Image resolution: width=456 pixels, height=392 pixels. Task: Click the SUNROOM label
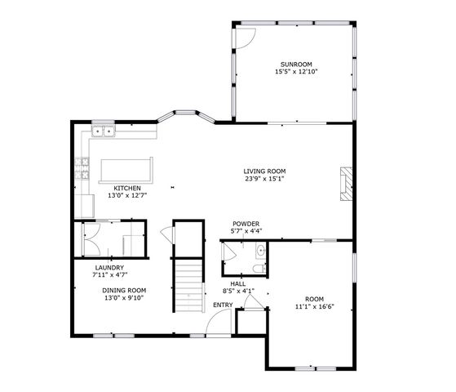pyautogui.click(x=296, y=64)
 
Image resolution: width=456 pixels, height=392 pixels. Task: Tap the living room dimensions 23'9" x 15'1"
pyautogui.click(x=264, y=180)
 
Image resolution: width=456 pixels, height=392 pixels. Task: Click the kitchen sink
pyautogui.click(x=103, y=131)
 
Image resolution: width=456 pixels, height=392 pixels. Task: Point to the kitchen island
pyautogui.click(x=126, y=168)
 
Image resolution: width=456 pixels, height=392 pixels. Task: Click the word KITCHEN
pyautogui.click(x=126, y=188)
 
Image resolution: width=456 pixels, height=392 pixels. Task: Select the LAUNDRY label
pyautogui.click(x=109, y=268)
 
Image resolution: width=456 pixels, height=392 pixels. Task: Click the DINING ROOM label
pyautogui.click(x=124, y=290)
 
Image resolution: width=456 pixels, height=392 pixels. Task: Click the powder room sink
pyautogui.click(x=260, y=250)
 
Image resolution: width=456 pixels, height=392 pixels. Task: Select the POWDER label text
pyautogui.click(x=246, y=224)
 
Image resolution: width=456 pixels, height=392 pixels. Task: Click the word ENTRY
pyautogui.click(x=223, y=305)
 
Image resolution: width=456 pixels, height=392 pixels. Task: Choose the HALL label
pyautogui.click(x=239, y=283)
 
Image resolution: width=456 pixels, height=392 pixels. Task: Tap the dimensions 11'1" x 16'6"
pyautogui.click(x=314, y=306)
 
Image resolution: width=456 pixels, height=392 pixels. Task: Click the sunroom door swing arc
pyautogui.click(x=245, y=37)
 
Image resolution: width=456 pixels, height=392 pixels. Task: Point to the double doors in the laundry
pyautogui.click(x=91, y=240)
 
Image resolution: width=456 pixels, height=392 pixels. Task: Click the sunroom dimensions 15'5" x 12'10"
pyautogui.click(x=296, y=72)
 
